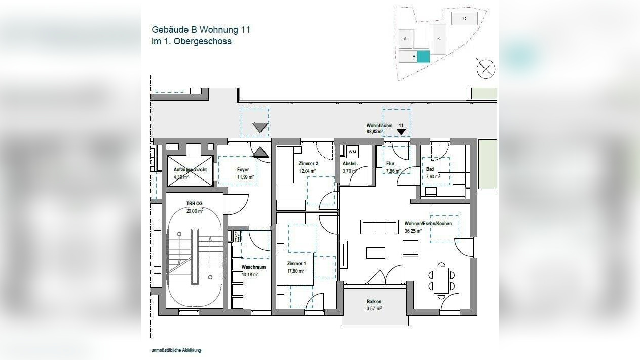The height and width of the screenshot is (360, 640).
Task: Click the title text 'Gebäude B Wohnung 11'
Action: click(x=201, y=30)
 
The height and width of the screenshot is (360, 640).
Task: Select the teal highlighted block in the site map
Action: click(x=423, y=57)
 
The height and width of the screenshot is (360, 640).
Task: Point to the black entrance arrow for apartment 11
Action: click(x=401, y=132)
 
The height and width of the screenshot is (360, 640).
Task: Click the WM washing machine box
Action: click(x=352, y=152)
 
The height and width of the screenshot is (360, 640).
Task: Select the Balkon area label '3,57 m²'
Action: click(x=374, y=308)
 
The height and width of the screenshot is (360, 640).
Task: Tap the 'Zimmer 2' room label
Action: click(x=309, y=164)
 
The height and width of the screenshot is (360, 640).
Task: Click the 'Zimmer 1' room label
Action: click(x=296, y=264)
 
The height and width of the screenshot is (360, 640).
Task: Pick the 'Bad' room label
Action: click(x=430, y=169)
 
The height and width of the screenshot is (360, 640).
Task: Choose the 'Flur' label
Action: click(x=390, y=164)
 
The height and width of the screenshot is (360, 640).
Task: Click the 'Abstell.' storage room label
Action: click(x=350, y=164)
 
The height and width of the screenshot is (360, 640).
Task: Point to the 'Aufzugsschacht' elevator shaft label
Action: click(x=190, y=169)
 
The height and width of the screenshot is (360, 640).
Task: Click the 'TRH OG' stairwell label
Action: click(x=194, y=203)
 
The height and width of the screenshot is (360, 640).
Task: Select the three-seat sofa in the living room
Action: click(x=380, y=227)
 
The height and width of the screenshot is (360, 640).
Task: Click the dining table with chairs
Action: click(x=441, y=280)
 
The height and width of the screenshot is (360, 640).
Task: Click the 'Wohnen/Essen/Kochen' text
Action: click(x=428, y=223)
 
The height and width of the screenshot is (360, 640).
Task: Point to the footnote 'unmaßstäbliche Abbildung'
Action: click(x=176, y=350)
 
